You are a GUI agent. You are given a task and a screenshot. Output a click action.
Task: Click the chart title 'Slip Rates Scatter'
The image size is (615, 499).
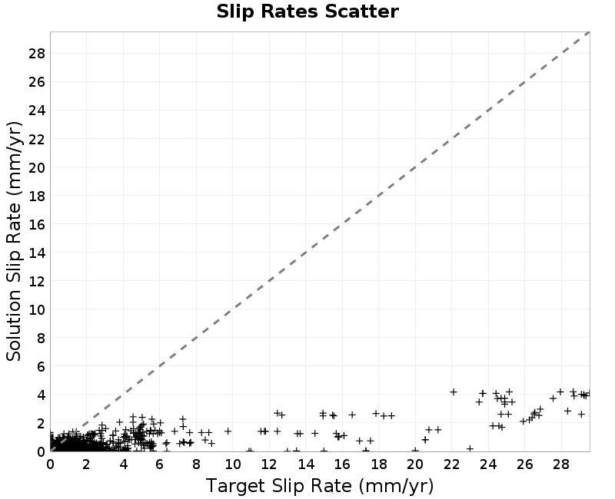pyautogui.click(x=307, y=12)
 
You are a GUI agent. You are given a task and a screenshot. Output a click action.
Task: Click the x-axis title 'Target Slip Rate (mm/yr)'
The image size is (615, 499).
pyautogui.click(x=320, y=486)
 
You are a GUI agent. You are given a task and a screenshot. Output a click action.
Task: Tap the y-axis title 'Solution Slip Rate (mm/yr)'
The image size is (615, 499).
pyautogui.click(x=14, y=241)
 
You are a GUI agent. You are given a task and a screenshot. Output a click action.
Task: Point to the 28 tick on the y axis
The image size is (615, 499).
pyautogui.click(x=37, y=53)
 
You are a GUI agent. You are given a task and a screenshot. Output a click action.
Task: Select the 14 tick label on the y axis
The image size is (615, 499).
pyautogui.click(x=37, y=253)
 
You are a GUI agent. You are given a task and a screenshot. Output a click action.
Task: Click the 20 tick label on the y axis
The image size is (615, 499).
pyautogui.click(x=37, y=167)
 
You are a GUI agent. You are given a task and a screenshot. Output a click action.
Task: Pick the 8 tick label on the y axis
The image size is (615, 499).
pyautogui.click(x=42, y=338)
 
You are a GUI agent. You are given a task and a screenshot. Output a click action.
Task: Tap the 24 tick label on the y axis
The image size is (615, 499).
pyautogui.click(x=37, y=111)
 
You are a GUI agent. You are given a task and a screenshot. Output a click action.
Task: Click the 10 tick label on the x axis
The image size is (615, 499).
pyautogui.click(x=233, y=464)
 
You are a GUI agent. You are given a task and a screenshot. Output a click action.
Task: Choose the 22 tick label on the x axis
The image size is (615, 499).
pyautogui.click(x=451, y=464)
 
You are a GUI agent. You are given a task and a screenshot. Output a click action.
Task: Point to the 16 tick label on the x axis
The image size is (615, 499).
pyautogui.click(x=342, y=464)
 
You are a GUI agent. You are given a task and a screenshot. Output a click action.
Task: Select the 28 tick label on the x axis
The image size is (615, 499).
pyautogui.click(x=561, y=464)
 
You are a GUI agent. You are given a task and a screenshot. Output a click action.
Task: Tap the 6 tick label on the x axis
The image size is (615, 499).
pyautogui.click(x=160, y=464)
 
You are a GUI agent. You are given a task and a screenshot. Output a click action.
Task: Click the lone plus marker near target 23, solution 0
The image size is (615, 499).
pyautogui.click(x=470, y=448)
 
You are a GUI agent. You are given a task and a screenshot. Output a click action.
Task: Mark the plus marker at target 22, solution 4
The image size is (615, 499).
pyautogui.click(x=454, y=392)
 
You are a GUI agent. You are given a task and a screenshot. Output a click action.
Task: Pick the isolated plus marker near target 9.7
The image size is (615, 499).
pyautogui.click(x=228, y=431)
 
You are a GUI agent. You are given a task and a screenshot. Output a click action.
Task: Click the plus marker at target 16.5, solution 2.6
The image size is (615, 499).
pyautogui.click(x=352, y=415)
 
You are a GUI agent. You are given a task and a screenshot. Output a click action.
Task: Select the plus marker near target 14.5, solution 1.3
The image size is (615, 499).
pyautogui.click(x=315, y=433)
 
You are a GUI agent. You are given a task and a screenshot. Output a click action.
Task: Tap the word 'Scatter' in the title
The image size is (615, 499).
pyautogui.click(x=361, y=12)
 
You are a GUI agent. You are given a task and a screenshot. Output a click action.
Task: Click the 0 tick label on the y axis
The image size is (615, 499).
pyautogui.click(x=42, y=452)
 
